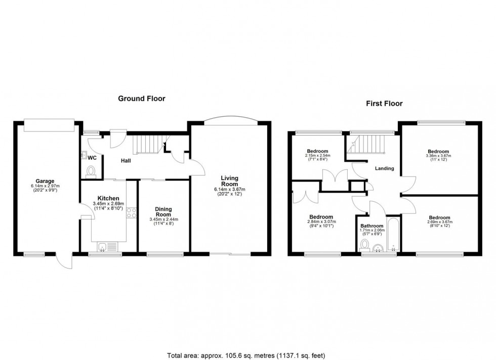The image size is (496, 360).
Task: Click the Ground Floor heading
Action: coord(142,99)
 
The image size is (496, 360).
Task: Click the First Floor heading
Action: coord(384,104)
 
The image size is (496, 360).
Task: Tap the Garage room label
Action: coord(45,181)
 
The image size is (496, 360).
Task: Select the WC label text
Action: coord(92,158)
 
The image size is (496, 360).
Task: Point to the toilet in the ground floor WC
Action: coord(92,173)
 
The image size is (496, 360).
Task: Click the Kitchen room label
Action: coord(108,198)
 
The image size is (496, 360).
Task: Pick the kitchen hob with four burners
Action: coord(132,212)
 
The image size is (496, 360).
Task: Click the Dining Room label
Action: coord(163,211)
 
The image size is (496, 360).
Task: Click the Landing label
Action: coord(384,168)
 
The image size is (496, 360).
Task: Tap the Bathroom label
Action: coord(371,226)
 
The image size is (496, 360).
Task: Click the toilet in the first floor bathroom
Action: coord(364,246)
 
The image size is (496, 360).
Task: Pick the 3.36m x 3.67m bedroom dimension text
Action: coord(438,156)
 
